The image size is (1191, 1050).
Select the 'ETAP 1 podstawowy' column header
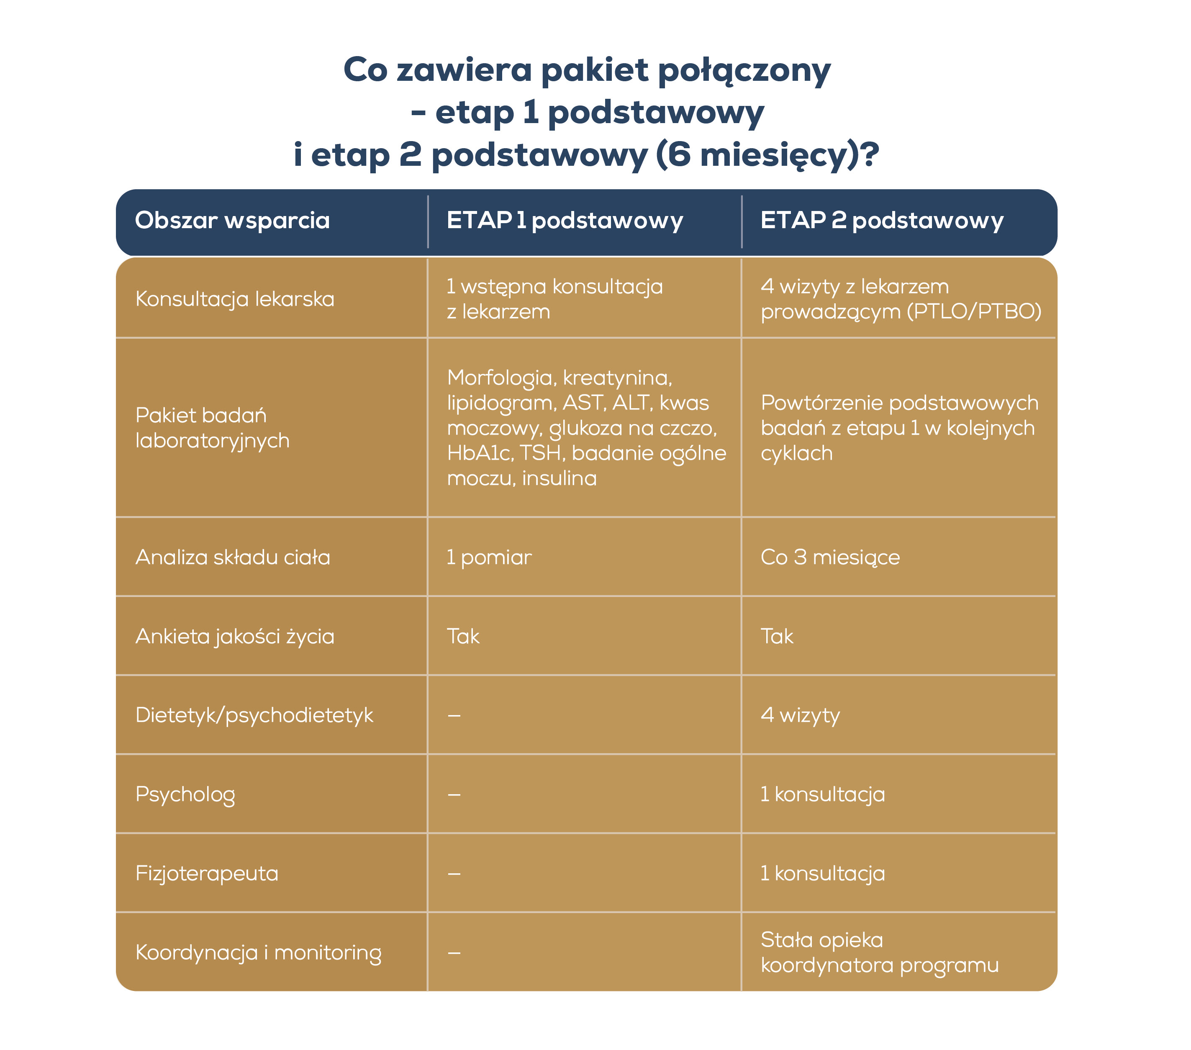click(x=564, y=220)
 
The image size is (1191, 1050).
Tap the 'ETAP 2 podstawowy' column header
click(x=882, y=220)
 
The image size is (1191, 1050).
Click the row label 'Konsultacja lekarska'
click(x=235, y=299)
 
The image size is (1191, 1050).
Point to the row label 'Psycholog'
click(x=185, y=795)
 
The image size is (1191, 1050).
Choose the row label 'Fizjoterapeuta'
click(x=207, y=873)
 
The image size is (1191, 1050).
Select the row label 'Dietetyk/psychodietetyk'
click(x=254, y=715)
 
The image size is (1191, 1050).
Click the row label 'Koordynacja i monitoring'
click(x=258, y=952)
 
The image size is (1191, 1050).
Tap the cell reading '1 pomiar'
click(x=489, y=557)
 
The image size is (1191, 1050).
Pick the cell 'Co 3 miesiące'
click(x=830, y=557)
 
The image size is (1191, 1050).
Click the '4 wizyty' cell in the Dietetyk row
click(x=800, y=715)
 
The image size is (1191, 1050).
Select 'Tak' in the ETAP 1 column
click(x=463, y=636)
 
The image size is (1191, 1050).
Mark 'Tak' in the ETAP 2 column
click(x=777, y=636)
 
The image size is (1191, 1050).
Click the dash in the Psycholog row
click(x=454, y=795)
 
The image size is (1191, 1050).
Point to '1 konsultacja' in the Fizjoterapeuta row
click(x=823, y=873)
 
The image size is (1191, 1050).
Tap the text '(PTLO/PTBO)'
click(x=974, y=311)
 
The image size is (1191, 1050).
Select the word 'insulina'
click(x=560, y=478)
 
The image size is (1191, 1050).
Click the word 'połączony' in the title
click(x=744, y=70)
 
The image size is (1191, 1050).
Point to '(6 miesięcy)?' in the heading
click(x=767, y=155)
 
